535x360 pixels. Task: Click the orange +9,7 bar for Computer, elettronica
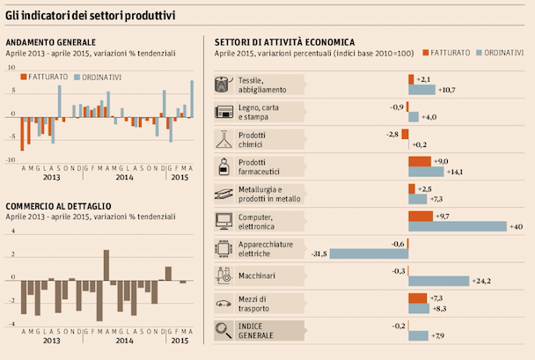coord(421,216)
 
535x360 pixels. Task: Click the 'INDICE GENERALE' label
coord(256,330)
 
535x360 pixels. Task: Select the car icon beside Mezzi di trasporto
coord(224,303)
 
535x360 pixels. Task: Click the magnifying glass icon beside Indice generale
coord(224,330)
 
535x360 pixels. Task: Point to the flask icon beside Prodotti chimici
coord(224,139)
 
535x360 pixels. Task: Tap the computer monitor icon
coord(224,221)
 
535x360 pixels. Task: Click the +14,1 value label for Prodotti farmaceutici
coord(455,173)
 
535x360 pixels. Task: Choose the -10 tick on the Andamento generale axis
coord(10,160)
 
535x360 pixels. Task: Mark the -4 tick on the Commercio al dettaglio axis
coord(11,324)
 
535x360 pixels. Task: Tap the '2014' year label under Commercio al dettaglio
coord(124,340)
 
